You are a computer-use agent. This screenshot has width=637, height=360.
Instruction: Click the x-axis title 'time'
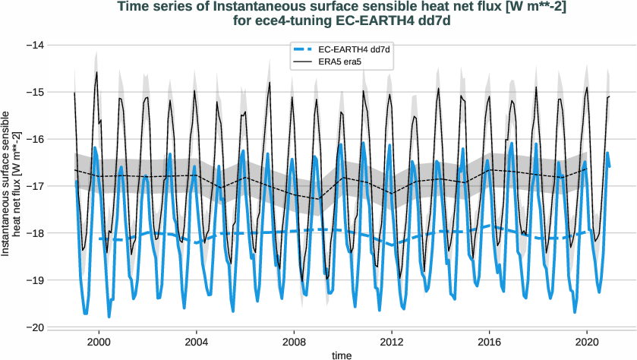pos(342,354)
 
